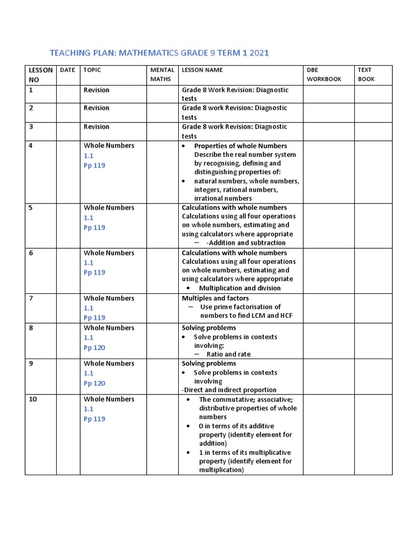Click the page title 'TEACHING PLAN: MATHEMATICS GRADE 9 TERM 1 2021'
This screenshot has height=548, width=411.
tap(159, 53)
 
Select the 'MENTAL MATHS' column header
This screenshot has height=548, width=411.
tap(162, 74)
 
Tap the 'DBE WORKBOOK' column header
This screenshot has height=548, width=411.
tap(323, 74)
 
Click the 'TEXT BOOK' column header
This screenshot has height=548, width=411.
tap(366, 74)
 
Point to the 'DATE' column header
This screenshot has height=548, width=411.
tap(67, 70)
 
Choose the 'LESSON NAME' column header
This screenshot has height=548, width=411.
tap(202, 70)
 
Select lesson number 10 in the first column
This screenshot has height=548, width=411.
tap(33, 399)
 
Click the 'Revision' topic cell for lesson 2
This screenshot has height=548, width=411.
tap(96, 108)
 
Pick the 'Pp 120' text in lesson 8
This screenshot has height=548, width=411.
tap(94, 348)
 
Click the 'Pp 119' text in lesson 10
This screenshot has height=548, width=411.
tap(94, 419)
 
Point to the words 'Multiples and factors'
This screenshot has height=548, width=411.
tap(215, 298)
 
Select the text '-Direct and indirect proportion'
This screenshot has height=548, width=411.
tap(229, 390)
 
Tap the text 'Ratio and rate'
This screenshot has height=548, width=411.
tap(228, 354)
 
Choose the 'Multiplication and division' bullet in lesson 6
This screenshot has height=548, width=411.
tap(240, 288)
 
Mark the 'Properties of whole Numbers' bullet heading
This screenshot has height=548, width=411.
tap(240, 146)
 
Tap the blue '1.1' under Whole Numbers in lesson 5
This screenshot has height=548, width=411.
tap(88, 218)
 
